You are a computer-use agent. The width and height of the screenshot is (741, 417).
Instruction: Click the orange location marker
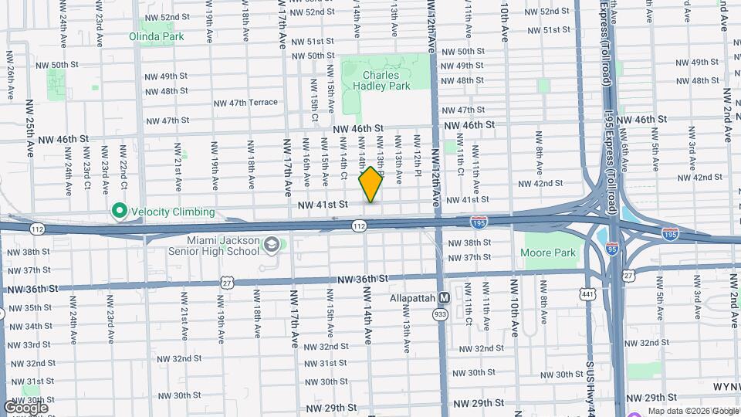pyautogui.click(x=371, y=184)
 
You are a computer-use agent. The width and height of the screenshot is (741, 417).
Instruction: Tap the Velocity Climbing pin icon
pyautogui.click(x=119, y=211)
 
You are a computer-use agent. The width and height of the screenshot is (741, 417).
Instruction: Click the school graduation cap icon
pyautogui.click(x=271, y=246)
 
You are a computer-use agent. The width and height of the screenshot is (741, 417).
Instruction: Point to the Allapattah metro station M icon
pyautogui.click(x=444, y=298)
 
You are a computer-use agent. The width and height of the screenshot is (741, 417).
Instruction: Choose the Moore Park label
pyautogui.click(x=548, y=253)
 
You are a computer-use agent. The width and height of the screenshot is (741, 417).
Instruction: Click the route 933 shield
pyautogui.click(x=441, y=315)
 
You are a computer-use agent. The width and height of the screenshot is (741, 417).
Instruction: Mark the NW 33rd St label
pyautogui.click(x=28, y=344)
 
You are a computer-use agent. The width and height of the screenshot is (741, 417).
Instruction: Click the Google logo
pyautogui.click(x=25, y=407)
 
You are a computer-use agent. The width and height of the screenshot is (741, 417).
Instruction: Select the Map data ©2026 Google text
pyautogui.click(x=692, y=411)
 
